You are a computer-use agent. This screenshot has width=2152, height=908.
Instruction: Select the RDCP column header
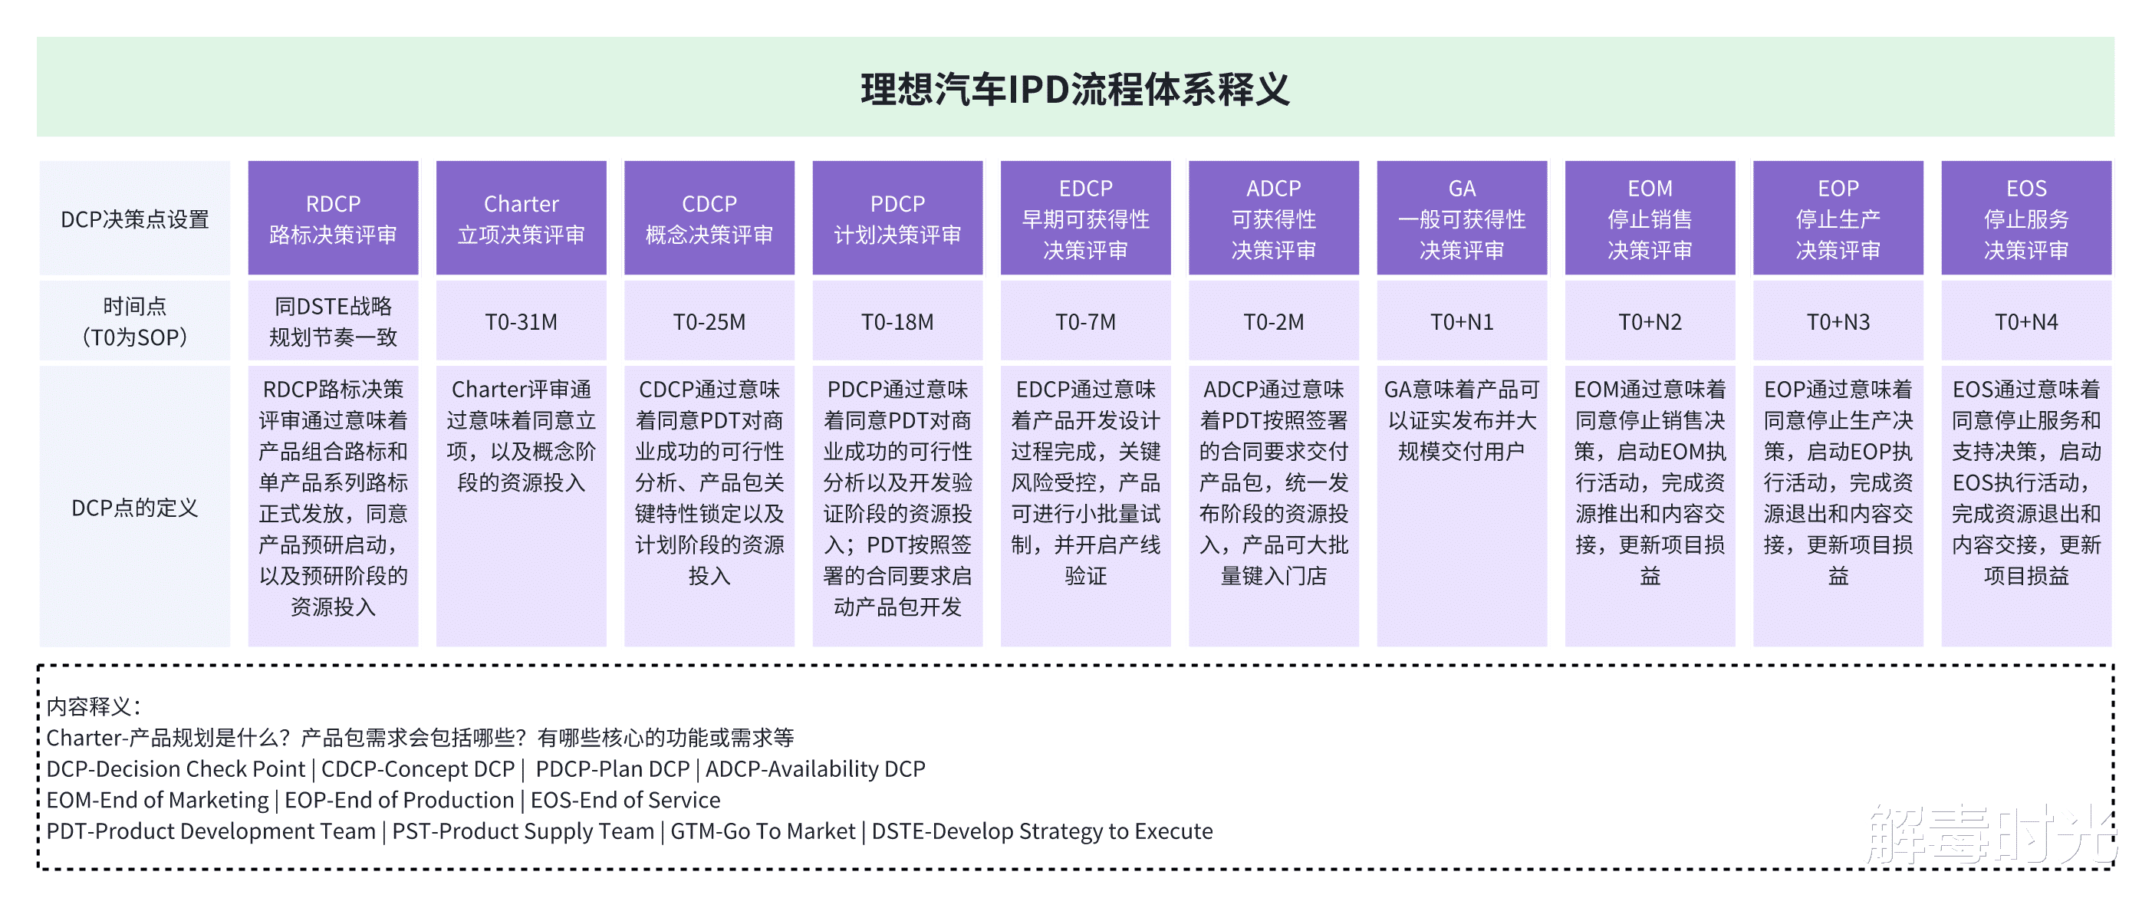pyautogui.click(x=333, y=219)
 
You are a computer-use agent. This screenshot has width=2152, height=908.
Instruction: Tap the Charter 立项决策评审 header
pyautogui.click(x=521, y=219)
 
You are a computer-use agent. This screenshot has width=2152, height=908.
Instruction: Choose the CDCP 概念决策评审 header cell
pyautogui.click(x=709, y=219)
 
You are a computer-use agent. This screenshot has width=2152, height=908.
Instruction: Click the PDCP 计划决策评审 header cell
pyautogui.click(x=897, y=219)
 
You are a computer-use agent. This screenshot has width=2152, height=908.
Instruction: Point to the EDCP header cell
pyautogui.click(x=1085, y=219)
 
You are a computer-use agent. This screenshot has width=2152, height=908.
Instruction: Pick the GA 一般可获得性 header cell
pyautogui.click(x=1461, y=219)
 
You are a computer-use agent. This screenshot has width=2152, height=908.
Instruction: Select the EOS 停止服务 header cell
pyautogui.click(x=2026, y=219)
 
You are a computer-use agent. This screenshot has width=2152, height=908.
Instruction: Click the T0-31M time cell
pyautogui.click(x=521, y=321)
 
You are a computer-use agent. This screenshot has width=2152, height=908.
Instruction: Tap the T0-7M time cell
pyautogui.click(x=1085, y=321)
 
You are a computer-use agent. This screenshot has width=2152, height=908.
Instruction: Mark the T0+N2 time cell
pyautogui.click(x=1649, y=321)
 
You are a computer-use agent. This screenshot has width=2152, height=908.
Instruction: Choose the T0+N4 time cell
pyautogui.click(x=2026, y=321)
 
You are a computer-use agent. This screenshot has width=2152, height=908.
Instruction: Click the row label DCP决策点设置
pyautogui.click(x=134, y=219)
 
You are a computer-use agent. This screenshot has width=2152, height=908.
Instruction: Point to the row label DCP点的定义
pyautogui.click(x=134, y=508)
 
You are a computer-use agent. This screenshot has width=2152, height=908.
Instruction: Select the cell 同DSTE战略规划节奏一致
pyautogui.click(x=333, y=321)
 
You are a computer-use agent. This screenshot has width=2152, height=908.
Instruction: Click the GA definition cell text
pyautogui.click(x=1461, y=420)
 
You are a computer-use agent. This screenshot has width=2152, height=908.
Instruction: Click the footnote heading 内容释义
pyautogui.click(x=93, y=706)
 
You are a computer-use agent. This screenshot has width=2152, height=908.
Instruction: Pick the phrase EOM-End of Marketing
pyautogui.click(x=158, y=800)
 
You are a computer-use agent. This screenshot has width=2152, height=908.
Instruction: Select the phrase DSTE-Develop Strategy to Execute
pyautogui.click(x=1041, y=831)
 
